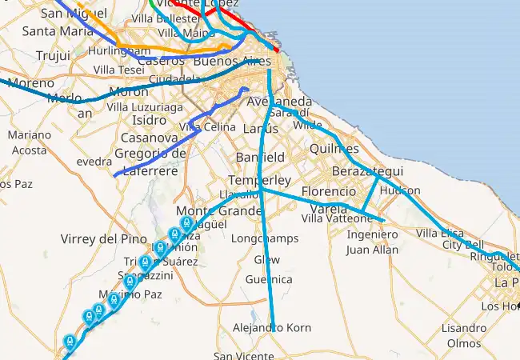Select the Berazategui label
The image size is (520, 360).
[x=369, y=172]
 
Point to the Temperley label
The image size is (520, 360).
[x=259, y=180]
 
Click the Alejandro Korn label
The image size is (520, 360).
[x=271, y=328]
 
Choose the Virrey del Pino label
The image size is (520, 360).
[x=104, y=239]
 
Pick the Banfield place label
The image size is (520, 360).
[x=260, y=157]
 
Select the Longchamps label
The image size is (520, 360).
[x=264, y=238]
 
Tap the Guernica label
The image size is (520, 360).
[x=269, y=279]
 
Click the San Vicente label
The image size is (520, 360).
[x=242, y=356]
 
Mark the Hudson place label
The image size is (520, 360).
[x=400, y=191]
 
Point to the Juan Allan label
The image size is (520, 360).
[x=372, y=250]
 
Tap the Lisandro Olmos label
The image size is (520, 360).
[x=463, y=335]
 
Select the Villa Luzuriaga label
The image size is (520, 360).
[x=145, y=106]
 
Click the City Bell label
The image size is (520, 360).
[x=463, y=244]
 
